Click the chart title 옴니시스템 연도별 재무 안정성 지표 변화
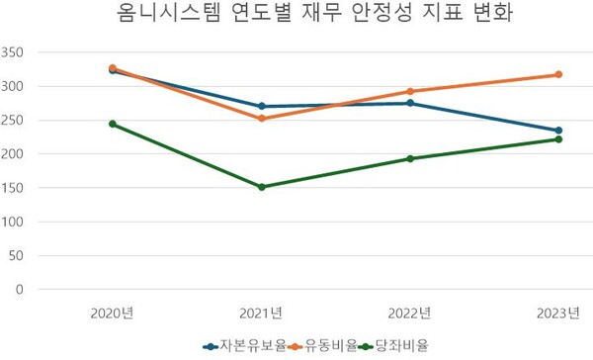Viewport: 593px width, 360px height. coord(296,16)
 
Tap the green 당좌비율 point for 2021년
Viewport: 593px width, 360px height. coord(261,187)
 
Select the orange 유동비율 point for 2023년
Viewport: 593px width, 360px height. coord(558,74)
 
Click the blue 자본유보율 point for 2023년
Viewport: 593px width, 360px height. coord(558,131)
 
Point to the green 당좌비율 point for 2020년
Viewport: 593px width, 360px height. coord(112,124)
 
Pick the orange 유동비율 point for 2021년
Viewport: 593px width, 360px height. coord(261,119)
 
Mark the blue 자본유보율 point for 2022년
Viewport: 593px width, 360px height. coord(410,103)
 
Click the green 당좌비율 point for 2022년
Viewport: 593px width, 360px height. coord(410,158)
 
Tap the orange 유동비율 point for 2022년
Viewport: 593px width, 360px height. coord(410,91)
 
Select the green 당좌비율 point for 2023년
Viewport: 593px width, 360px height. coord(558,139)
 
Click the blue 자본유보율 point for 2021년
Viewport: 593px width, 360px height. coord(261,106)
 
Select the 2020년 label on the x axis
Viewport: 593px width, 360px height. coord(112,314)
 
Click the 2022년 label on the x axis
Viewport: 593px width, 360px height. coord(410,314)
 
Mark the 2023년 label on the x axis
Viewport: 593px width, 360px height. coord(558,314)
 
